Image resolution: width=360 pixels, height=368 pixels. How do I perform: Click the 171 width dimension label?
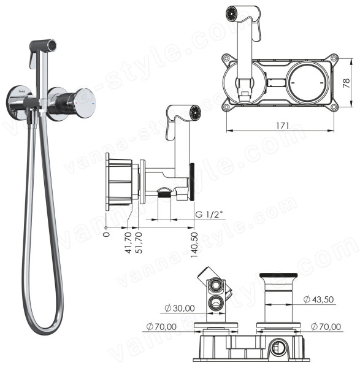pos(282,126)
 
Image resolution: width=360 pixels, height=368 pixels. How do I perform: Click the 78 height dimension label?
pos(347,83)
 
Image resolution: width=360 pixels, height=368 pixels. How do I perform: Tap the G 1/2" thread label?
pos(209,214)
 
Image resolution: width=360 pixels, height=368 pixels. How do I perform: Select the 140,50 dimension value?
pos(194,245)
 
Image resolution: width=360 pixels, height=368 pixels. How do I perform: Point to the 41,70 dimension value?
pos(128,243)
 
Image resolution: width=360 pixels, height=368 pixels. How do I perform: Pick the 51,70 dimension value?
pos(139,243)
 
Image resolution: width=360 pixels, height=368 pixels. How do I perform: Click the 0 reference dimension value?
pos(107,234)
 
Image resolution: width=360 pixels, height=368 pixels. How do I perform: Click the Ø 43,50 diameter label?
pos(318,299)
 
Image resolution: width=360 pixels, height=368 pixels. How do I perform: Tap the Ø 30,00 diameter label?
pos(180,308)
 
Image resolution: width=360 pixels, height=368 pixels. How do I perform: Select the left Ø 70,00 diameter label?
pos(161,326)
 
